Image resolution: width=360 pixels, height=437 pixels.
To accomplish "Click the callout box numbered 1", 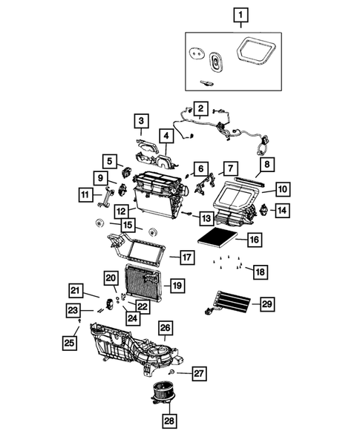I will [239, 14].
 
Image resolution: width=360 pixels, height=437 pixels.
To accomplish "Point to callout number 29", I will [267, 303].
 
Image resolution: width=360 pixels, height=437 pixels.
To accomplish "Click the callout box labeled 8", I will [264, 164].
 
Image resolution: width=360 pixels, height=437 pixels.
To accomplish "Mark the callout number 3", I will [141, 120].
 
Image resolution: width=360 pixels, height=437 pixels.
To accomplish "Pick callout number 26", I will [165, 327].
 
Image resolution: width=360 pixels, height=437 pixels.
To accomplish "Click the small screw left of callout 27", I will [172, 370].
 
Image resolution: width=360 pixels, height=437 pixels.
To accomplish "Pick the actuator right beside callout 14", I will [262, 211].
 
